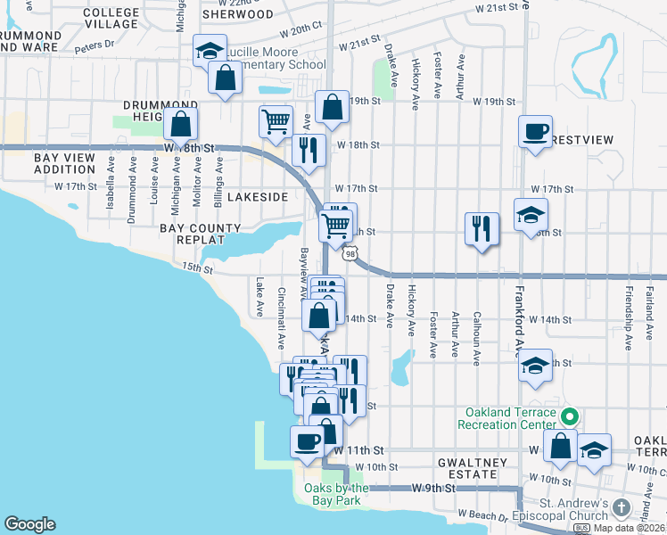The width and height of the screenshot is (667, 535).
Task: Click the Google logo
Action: coord(29,524)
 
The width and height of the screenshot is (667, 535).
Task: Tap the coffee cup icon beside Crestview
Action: coord(536,132)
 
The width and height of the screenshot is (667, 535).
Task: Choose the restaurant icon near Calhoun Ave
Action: coord(481,228)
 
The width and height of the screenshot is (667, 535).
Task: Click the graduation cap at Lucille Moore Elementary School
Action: coord(210,50)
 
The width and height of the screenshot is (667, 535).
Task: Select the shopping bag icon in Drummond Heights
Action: coord(180,124)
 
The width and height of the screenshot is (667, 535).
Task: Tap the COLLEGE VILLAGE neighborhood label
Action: coord(111,19)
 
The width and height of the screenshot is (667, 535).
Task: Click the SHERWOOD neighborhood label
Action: coord(237,14)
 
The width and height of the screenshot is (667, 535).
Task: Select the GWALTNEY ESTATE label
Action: coord(472,469)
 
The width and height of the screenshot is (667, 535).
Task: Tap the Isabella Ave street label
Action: coord(111,184)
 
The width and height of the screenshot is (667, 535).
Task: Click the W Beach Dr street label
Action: coord(482,514)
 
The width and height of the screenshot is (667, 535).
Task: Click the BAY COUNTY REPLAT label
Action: coord(201,235)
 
